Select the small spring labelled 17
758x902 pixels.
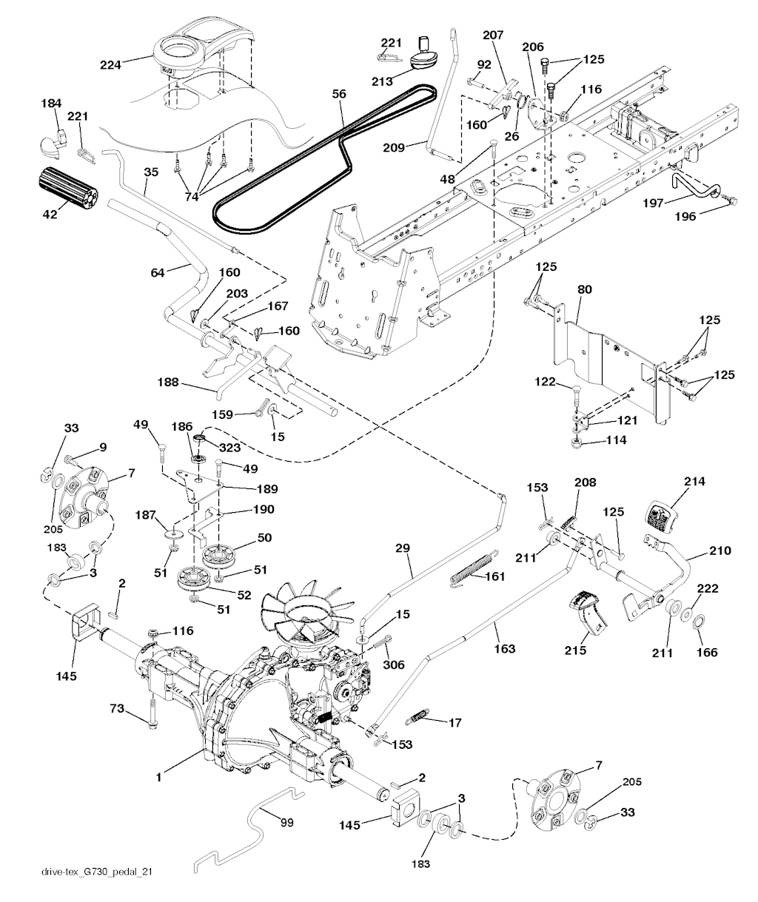(x=417, y=718)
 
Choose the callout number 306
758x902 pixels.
(x=394, y=664)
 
